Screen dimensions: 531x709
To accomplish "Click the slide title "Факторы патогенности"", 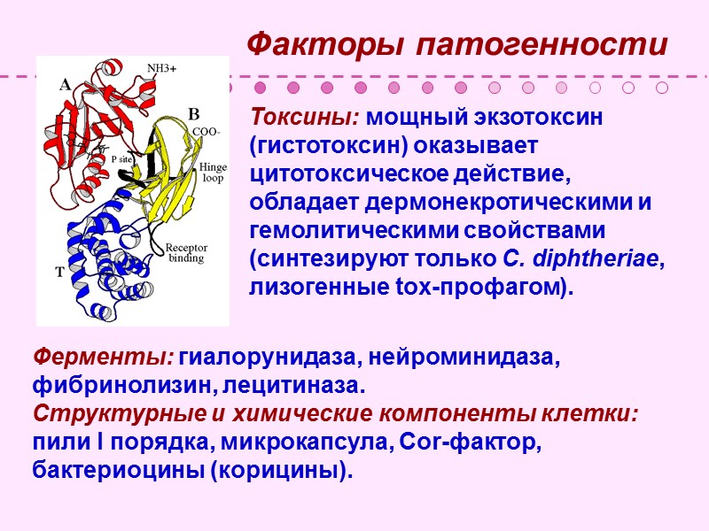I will [x=456, y=43].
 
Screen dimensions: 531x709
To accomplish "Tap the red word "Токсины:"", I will [x=305, y=118].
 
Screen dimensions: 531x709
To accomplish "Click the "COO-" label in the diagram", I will [x=206, y=131].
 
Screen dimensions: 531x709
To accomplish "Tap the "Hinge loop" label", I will [x=213, y=172].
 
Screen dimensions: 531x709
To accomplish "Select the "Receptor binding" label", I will [x=186, y=253].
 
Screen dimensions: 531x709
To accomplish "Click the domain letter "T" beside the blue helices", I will [x=60, y=273].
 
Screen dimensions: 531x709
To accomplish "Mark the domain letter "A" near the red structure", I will [x=65, y=86].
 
